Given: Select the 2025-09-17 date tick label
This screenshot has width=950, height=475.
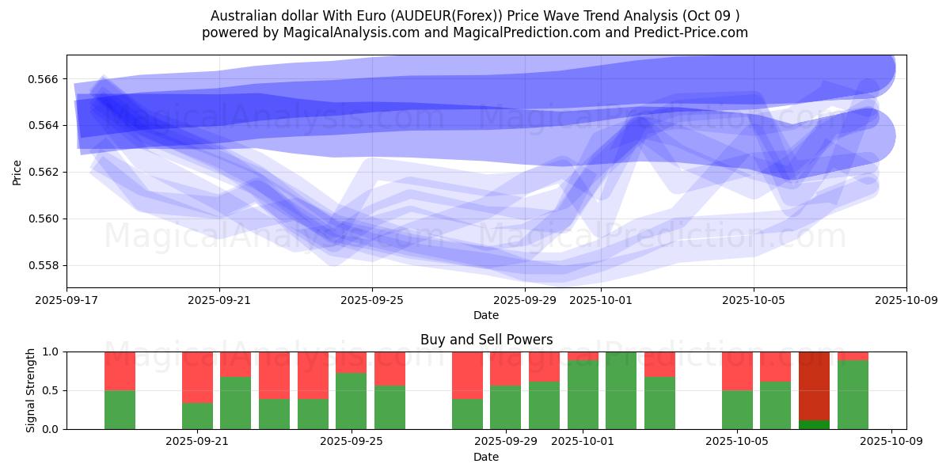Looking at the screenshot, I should (x=66, y=301).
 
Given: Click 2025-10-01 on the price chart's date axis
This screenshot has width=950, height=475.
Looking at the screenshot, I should (x=602, y=301).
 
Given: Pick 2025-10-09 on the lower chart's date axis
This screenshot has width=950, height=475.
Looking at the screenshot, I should (x=891, y=443).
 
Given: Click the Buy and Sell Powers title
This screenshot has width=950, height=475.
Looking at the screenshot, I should (x=486, y=340).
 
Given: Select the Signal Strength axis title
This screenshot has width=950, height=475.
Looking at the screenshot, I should (x=31, y=390).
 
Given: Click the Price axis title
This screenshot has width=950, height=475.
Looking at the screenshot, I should (x=17, y=171).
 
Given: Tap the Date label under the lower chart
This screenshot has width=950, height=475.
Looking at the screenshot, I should (x=486, y=457).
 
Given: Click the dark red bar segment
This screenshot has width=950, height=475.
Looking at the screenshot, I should (x=814, y=386).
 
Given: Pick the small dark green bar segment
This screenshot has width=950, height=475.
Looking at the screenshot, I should (x=814, y=424).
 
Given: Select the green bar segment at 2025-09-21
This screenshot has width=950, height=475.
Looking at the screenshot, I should (x=197, y=416).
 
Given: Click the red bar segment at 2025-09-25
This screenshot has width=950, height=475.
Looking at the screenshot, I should (x=351, y=362).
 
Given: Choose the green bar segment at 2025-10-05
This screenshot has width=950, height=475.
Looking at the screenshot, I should (x=737, y=409).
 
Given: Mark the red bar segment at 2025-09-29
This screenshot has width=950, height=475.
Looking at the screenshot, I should (x=505, y=368).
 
